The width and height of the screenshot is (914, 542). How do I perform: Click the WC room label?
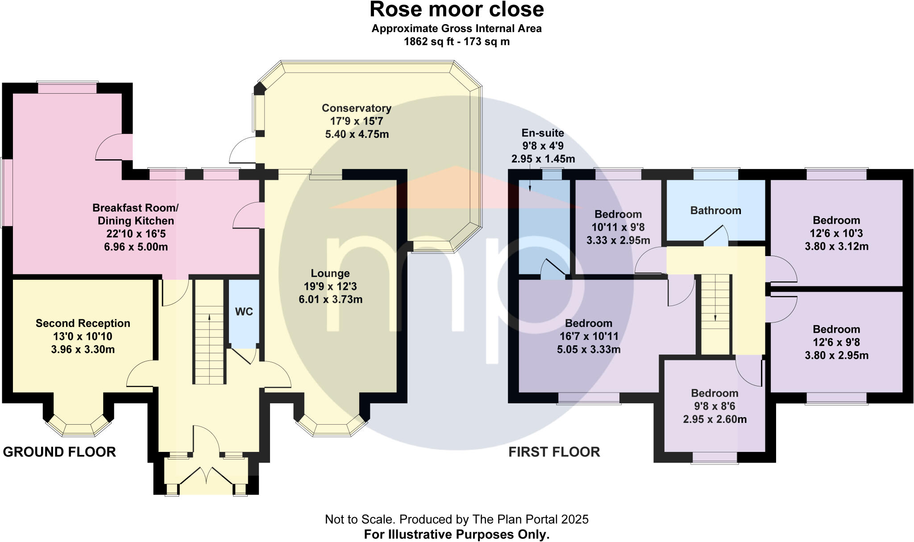244,312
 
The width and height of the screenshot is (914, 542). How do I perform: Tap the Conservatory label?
356,108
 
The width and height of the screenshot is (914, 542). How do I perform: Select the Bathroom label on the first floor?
715,211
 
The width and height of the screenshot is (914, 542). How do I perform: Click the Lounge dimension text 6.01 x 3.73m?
330,299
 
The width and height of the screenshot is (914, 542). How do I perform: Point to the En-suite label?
543,133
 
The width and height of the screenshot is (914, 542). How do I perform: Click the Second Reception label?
83,323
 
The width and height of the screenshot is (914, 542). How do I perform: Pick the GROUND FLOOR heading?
59,452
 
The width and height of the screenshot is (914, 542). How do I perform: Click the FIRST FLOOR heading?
554,452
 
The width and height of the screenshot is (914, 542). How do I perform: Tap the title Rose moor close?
457,9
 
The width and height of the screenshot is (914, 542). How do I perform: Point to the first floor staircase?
715,314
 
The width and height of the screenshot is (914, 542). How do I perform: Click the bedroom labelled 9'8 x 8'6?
715,406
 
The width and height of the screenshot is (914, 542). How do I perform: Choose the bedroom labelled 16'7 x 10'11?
588,336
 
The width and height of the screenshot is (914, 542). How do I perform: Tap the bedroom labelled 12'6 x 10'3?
836,233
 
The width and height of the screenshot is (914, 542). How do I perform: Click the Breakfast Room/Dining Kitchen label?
136,214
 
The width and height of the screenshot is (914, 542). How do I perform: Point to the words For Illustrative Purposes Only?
457,534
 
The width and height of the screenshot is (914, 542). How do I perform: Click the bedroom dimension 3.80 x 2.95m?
836,356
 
